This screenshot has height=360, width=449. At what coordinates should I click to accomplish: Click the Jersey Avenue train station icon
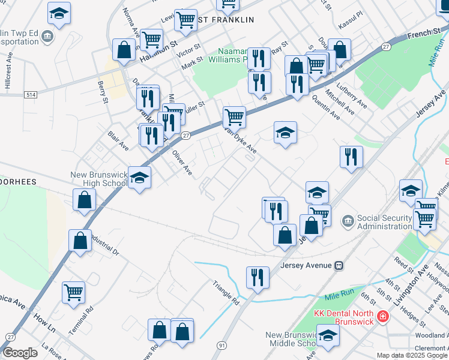[339, 265]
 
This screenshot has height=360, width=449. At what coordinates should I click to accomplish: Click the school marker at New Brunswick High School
[139, 178]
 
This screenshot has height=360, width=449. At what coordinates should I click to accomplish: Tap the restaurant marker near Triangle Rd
[258, 277]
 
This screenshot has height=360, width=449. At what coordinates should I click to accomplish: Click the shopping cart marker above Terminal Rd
[74, 292]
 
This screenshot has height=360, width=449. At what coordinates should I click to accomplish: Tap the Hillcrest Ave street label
[8, 74]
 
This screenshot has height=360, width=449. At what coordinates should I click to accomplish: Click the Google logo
[20, 353]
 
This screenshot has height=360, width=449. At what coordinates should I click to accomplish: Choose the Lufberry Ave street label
[354, 96]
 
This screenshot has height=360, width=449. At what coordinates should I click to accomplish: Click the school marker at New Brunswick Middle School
[328, 337]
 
